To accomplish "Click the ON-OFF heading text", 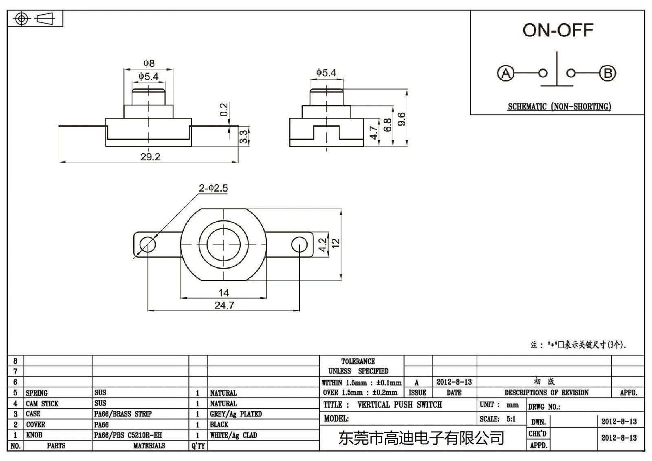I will pyautogui.click(x=557, y=31).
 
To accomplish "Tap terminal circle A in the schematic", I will pyautogui.click(x=506, y=73).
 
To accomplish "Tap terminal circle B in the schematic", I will pyautogui.click(x=608, y=73).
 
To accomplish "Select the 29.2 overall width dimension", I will pyautogui.click(x=150, y=157).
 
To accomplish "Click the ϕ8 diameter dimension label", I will pyautogui.click(x=149, y=63).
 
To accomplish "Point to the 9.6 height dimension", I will pyautogui.click(x=401, y=119).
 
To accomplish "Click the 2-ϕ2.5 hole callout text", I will pyautogui.click(x=213, y=188).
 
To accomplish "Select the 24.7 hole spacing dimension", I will pyautogui.click(x=224, y=305).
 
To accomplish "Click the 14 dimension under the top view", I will pyautogui.click(x=223, y=293).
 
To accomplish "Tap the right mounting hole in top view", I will pyautogui.click(x=300, y=245).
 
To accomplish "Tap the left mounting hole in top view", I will pyautogui.click(x=148, y=245).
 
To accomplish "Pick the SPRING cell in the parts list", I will pyautogui.click(x=37, y=393).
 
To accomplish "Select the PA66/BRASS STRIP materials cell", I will pyautogui.click(x=123, y=414).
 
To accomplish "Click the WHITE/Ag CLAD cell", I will pyautogui.click(x=233, y=435).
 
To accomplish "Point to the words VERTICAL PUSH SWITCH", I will pyautogui.click(x=399, y=405).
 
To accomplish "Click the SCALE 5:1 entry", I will pyautogui.click(x=498, y=419).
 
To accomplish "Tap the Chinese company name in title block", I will pyautogui.click(x=421, y=438).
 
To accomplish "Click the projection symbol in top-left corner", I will pyautogui.click(x=35, y=19).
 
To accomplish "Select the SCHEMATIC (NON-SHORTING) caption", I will pyautogui.click(x=559, y=107).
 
